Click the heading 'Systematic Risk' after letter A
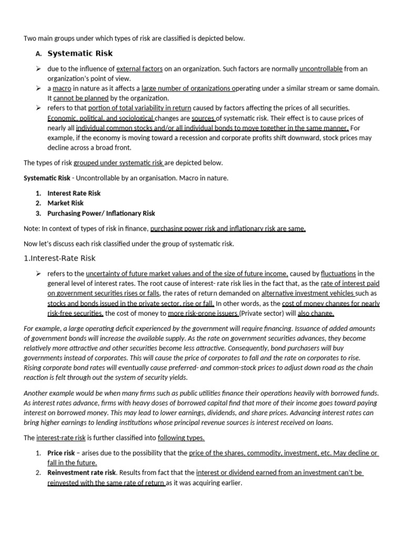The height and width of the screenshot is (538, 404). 80,54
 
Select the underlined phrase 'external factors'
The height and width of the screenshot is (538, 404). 139,69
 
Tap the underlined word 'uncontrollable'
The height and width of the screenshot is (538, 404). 321,69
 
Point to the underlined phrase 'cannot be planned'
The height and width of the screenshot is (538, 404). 81,98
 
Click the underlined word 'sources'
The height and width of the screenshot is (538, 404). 204,118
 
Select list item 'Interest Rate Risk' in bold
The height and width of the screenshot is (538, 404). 74,193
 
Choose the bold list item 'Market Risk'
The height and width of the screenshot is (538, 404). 65,203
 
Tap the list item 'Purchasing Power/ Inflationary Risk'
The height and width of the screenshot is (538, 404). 101,213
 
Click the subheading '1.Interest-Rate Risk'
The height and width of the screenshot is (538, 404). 59,258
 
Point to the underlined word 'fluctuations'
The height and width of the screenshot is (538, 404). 338,273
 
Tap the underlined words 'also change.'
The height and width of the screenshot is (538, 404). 316,314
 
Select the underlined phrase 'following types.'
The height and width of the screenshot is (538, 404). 181,438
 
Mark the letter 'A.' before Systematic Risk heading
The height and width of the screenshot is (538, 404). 38,54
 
